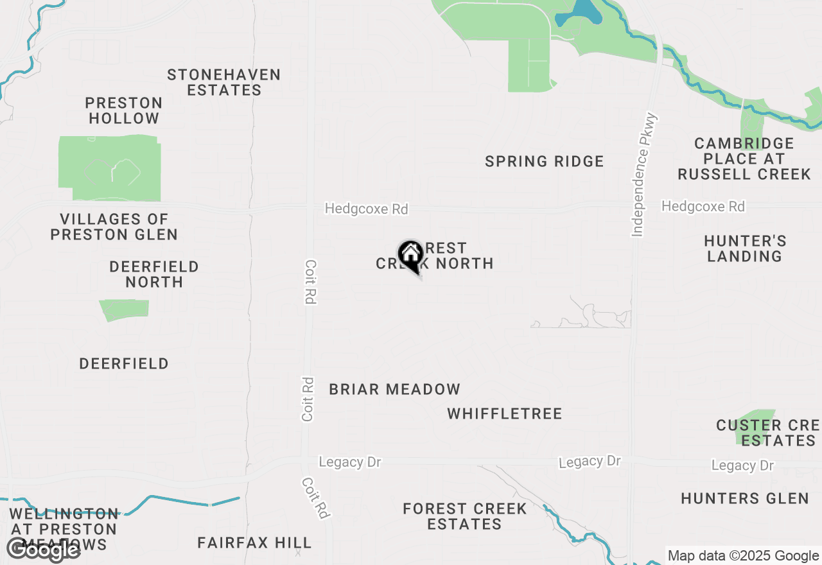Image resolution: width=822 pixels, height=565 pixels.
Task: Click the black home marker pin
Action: [x=410, y=256]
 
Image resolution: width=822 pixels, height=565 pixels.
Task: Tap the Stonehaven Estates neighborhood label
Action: [x=224, y=83]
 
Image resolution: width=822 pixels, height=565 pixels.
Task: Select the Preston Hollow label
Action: [x=124, y=110]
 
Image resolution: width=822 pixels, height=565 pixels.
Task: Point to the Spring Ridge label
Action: [x=544, y=161]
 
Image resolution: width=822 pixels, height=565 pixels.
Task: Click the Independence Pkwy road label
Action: [x=645, y=175]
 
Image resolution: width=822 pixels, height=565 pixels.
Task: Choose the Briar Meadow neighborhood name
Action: [x=394, y=389]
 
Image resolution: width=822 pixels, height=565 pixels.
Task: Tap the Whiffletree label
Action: [x=505, y=413]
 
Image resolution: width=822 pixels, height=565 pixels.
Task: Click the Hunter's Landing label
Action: [x=745, y=248]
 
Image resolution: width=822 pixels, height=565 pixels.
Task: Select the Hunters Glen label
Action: [x=745, y=498]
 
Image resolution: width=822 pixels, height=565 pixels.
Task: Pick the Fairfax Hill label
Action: [x=254, y=543]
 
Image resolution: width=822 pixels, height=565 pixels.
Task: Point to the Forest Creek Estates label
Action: [x=464, y=516]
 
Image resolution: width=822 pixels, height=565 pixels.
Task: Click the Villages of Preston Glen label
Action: [x=114, y=227]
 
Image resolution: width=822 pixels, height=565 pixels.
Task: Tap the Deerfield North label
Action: [x=154, y=274]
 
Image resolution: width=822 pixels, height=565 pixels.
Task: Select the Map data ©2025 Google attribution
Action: [x=743, y=555]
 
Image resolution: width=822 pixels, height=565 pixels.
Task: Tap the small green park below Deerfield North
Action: [x=125, y=309]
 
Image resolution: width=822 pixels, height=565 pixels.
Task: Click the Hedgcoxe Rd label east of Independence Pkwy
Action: [x=703, y=206]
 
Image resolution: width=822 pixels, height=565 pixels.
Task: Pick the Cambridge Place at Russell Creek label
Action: [x=744, y=159]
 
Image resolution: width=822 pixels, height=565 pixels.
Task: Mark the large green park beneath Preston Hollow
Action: [x=109, y=167]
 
